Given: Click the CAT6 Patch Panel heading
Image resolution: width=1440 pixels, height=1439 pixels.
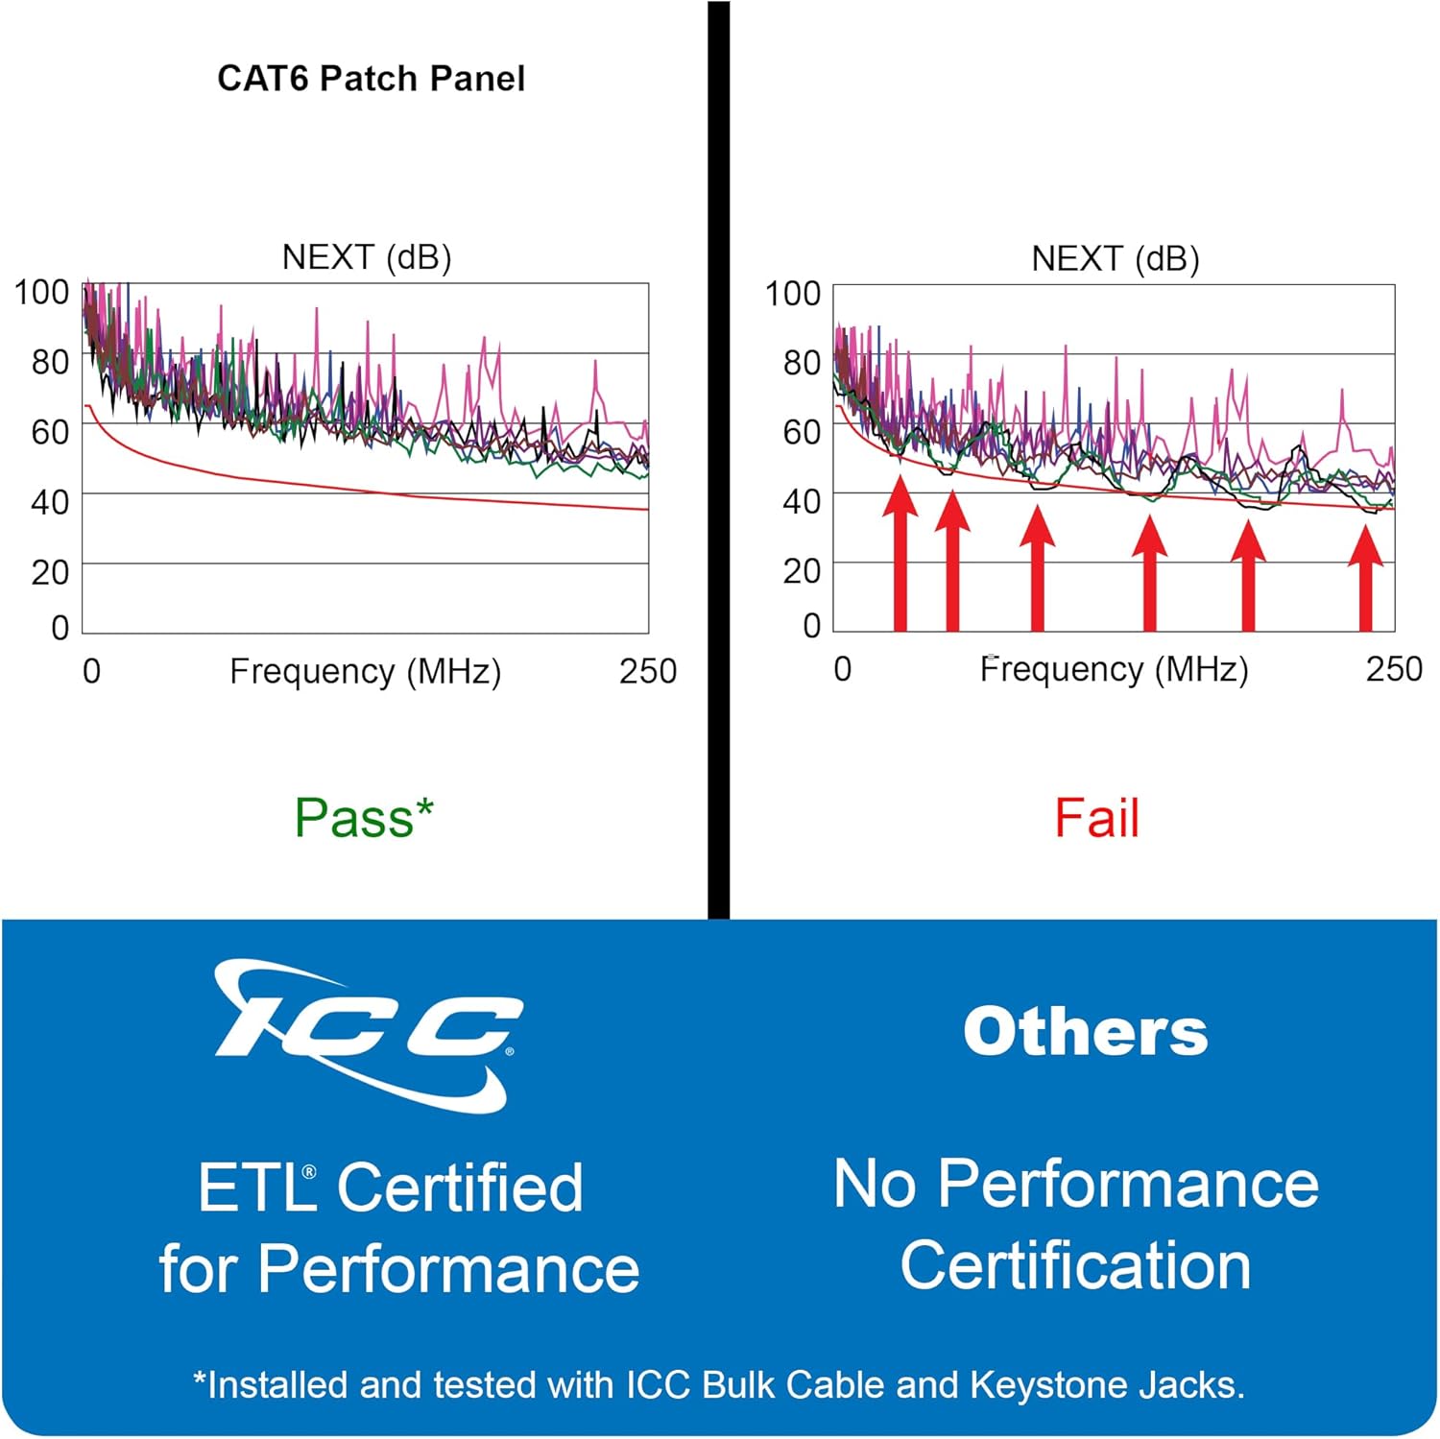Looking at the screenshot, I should point(371,79).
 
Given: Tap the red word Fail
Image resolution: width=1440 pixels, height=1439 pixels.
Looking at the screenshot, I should point(1096,818).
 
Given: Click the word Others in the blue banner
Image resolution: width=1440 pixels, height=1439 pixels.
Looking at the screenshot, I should point(1085,1032).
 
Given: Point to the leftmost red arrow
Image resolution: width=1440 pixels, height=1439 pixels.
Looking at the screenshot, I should point(900,557).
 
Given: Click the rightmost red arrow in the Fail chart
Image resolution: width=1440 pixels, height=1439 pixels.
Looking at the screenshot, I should point(1365,581).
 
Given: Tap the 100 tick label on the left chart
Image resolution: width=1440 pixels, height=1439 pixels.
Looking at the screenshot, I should point(41,292).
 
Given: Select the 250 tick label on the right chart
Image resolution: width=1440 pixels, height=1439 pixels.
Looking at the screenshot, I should point(1393,669).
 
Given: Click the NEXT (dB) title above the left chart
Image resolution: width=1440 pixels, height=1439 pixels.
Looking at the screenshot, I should point(366,257).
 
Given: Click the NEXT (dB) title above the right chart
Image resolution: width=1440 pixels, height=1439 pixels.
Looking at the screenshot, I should point(1115,258).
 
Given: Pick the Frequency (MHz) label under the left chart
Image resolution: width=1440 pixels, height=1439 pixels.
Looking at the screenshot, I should point(365,671).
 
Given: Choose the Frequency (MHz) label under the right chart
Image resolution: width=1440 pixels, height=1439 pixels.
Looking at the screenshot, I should point(1114,669).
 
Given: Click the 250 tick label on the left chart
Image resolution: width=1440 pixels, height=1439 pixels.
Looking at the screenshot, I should point(647,671).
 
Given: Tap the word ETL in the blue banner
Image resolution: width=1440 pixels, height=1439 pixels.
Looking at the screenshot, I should point(255,1187).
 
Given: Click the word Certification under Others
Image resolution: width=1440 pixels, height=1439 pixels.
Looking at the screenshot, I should point(1075,1264).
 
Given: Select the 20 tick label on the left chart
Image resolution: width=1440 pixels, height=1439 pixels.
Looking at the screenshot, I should point(50,572).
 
